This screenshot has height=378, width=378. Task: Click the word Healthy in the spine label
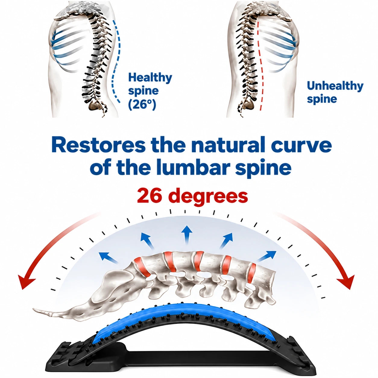pos(150,78)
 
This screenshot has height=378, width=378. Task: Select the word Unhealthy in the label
pos(335,86)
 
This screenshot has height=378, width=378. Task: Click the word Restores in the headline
pos(99,146)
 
